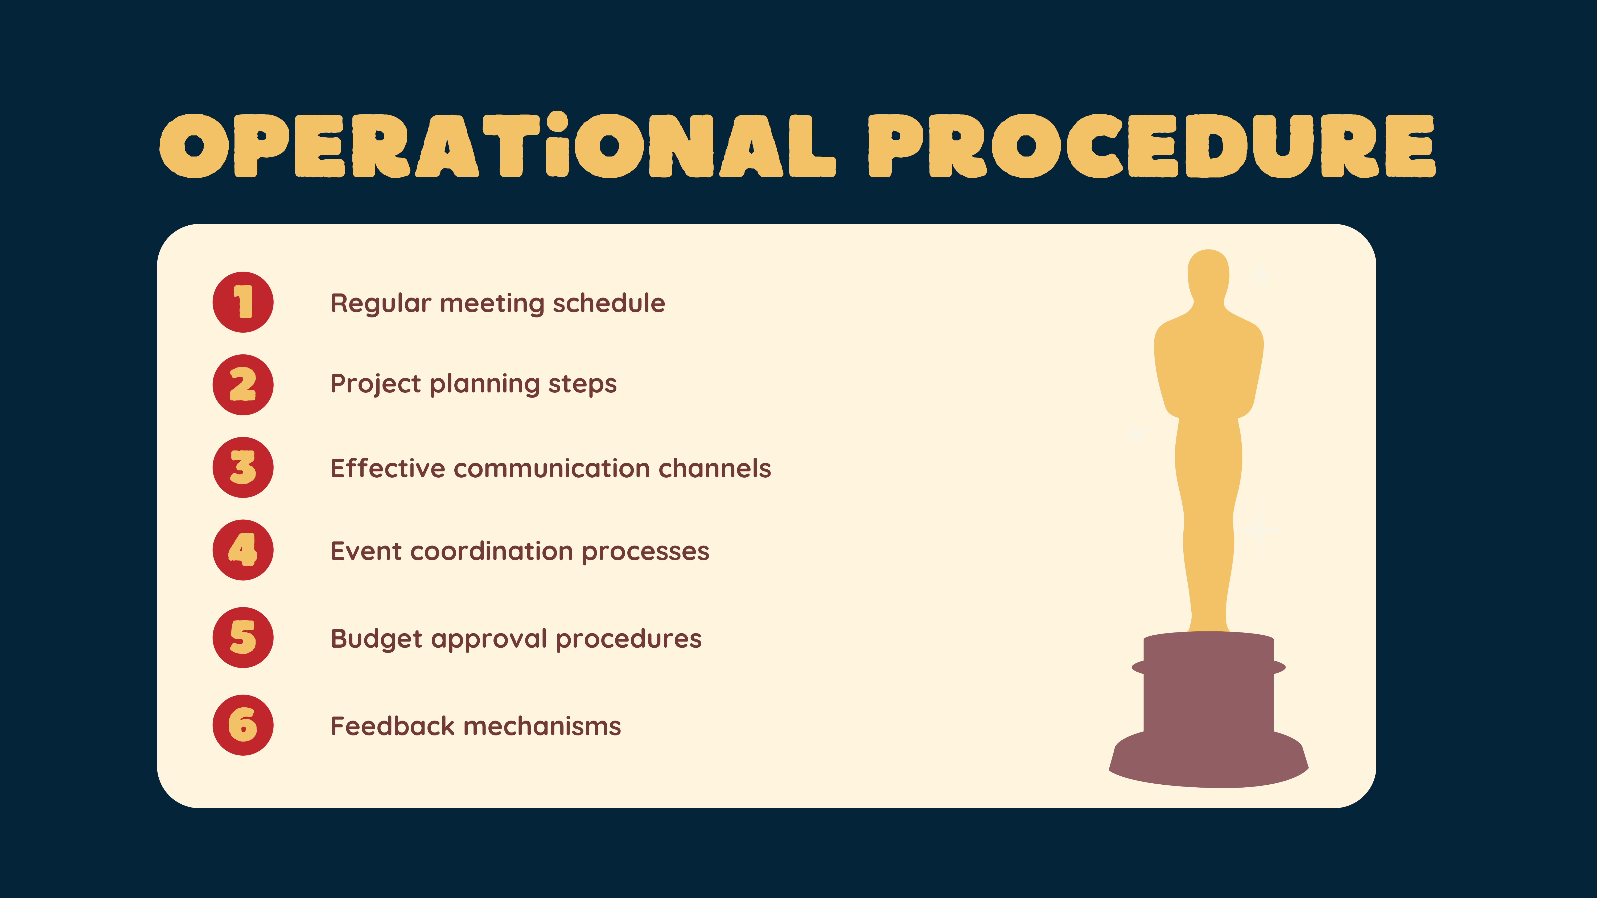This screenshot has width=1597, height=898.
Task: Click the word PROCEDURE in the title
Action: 1152,146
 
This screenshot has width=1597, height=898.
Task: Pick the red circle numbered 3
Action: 243,467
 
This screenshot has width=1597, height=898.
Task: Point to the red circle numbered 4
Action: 243,550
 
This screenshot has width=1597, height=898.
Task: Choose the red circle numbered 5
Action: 243,637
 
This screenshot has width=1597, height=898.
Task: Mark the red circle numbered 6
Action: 243,725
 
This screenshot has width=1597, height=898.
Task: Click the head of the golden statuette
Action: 1208,276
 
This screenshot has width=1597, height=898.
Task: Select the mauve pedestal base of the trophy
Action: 1208,710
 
